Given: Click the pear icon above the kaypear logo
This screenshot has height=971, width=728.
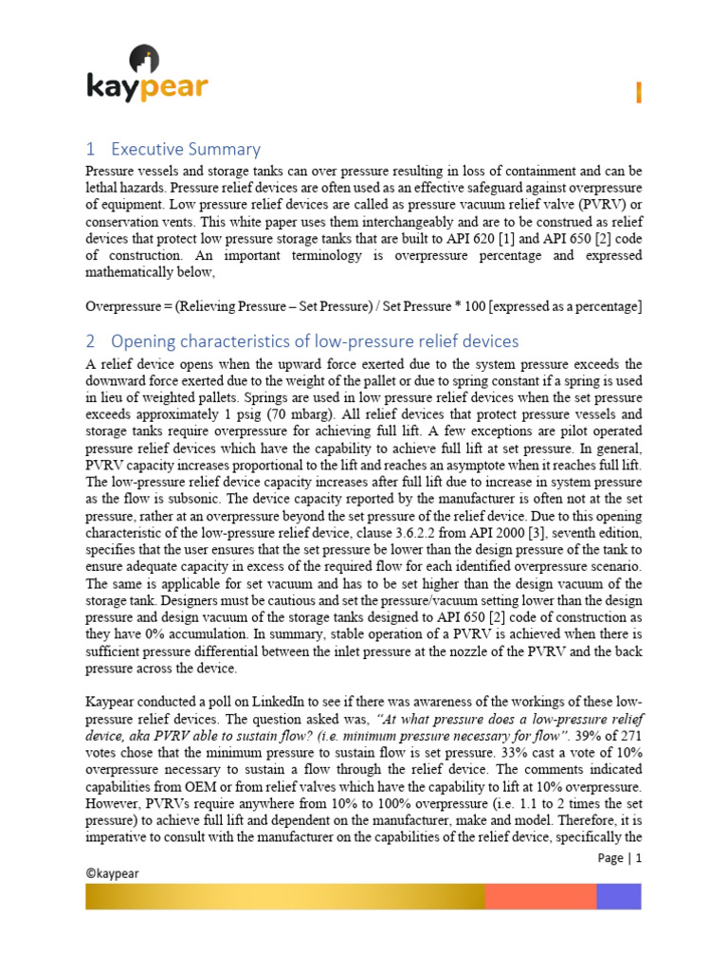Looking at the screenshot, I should coord(149,59).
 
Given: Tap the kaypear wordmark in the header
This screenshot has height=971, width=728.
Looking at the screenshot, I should coord(147,88).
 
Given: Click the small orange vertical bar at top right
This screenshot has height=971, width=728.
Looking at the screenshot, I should coord(639,92).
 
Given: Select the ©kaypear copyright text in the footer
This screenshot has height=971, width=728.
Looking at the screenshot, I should coord(112,875).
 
